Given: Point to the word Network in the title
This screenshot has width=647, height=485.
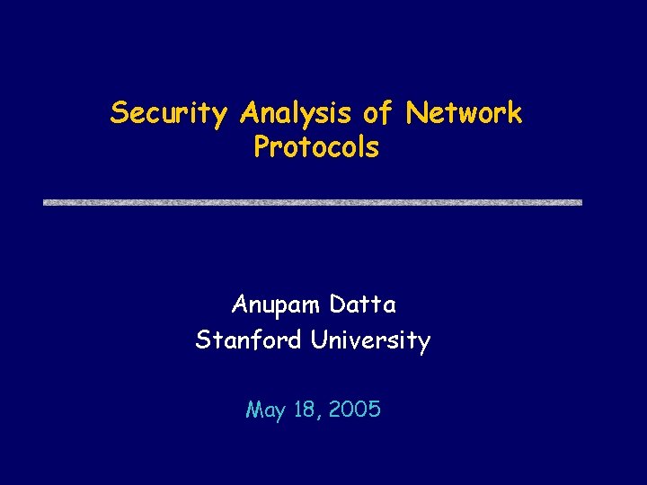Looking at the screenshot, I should click(x=464, y=113).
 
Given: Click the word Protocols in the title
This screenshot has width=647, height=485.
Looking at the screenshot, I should click(x=316, y=146).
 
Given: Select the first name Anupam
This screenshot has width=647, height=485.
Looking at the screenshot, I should click(x=277, y=306).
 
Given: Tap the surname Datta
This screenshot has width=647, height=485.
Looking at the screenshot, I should click(x=362, y=305).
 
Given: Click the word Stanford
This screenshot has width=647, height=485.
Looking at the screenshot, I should click(x=250, y=341).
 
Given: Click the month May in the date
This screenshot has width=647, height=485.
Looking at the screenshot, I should click(x=264, y=411).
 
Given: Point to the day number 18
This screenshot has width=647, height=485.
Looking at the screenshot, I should click(x=306, y=410).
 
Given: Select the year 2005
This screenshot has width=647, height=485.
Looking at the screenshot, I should click(x=355, y=410).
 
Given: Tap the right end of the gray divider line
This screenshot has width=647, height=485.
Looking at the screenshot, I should click(x=580, y=203).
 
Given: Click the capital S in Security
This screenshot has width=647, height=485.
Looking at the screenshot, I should click(x=117, y=113).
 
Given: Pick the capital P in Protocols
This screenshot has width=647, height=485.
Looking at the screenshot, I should click(x=261, y=146).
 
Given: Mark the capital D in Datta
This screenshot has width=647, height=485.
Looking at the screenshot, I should click(x=337, y=305).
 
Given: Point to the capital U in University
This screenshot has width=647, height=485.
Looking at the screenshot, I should click(x=319, y=341).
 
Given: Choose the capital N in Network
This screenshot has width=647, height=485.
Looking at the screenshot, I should click(x=415, y=113).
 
